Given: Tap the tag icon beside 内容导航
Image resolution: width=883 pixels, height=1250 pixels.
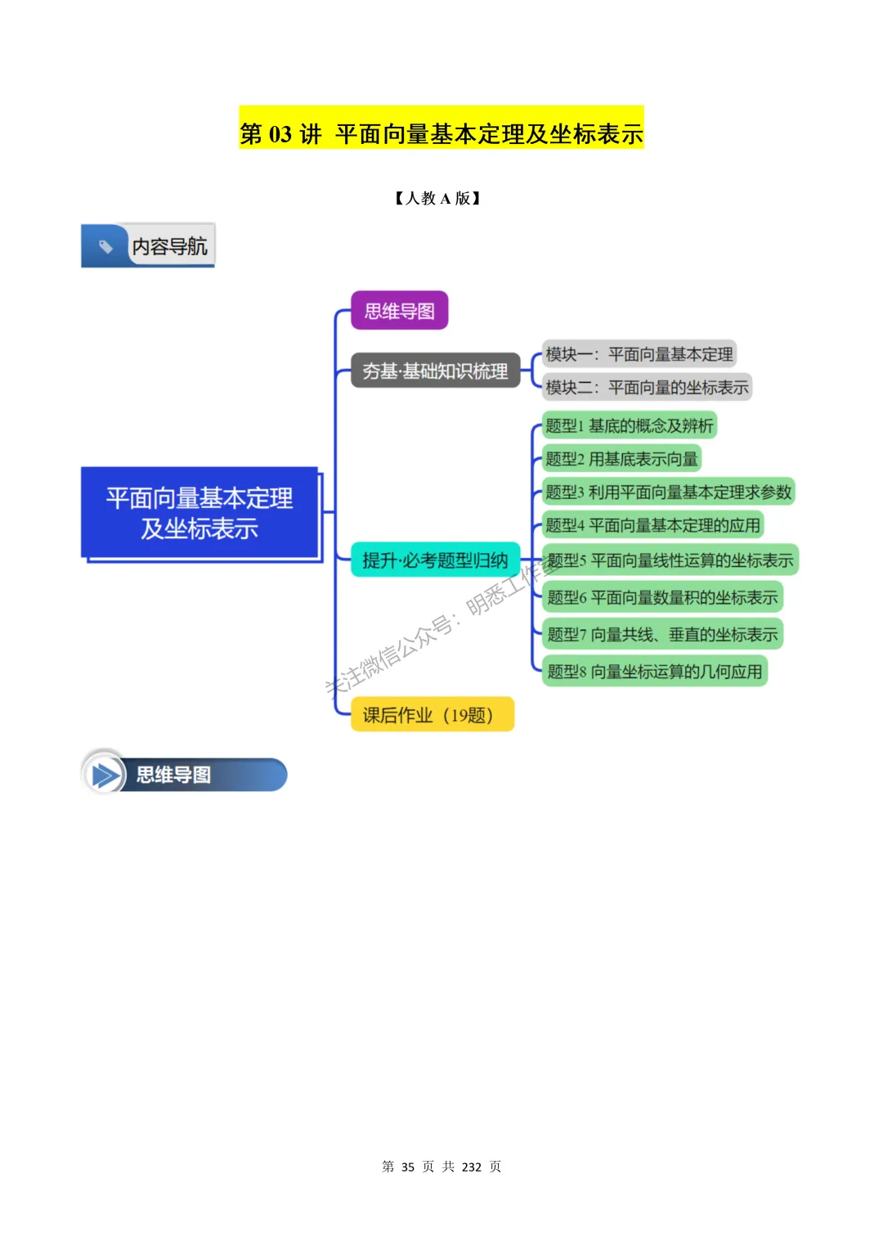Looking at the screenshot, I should click(x=105, y=245).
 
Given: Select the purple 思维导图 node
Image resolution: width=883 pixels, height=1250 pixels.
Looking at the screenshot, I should click(x=399, y=311).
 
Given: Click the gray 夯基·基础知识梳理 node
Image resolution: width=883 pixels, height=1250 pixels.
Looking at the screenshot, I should click(x=435, y=371).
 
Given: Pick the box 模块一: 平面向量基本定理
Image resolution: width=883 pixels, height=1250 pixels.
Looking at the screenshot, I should click(x=639, y=354).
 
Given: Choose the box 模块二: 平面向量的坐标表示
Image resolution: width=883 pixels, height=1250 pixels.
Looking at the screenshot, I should click(x=647, y=387).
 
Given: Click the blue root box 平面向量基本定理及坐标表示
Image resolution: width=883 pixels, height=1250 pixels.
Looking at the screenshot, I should click(x=199, y=513).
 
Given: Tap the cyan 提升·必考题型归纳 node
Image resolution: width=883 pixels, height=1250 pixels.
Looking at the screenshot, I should click(x=435, y=560).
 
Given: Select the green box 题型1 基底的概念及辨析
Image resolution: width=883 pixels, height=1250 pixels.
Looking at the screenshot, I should click(x=630, y=425).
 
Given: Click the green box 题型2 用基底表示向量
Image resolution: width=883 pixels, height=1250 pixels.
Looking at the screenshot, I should click(x=621, y=459).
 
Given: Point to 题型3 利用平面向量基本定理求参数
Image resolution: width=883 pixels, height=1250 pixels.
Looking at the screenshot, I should click(x=668, y=492).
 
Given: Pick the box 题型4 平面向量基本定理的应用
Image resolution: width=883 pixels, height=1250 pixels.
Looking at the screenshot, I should click(x=652, y=525).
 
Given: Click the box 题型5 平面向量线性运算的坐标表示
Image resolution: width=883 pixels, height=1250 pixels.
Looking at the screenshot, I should click(x=670, y=560).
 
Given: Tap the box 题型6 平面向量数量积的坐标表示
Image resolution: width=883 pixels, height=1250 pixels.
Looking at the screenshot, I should click(x=662, y=597).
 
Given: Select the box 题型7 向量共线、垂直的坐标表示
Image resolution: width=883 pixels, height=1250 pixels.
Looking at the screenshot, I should click(x=662, y=634).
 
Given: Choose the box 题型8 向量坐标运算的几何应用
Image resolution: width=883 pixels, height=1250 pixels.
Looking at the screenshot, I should click(x=654, y=672).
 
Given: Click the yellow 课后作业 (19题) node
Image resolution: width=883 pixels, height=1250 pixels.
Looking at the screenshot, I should click(x=432, y=715).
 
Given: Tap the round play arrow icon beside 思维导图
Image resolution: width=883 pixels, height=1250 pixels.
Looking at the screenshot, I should click(x=105, y=774).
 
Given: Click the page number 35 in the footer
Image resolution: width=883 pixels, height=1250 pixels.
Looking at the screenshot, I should click(x=408, y=1167).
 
